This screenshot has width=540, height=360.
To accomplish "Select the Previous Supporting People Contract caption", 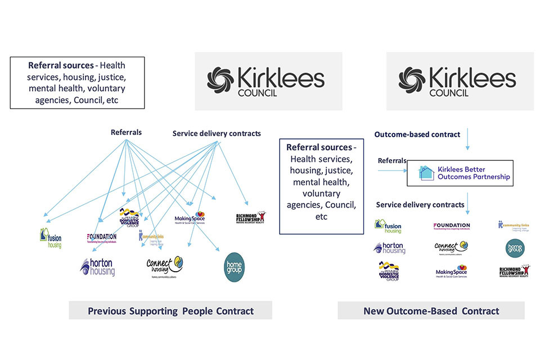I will click(x=170, y=310).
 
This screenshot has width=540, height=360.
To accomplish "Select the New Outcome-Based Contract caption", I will click(x=431, y=310).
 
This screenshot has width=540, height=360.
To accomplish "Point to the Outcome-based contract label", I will click(x=417, y=134).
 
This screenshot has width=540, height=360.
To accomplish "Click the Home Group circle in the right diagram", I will click(x=514, y=247).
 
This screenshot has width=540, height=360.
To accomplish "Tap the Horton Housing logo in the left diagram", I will click(x=97, y=267).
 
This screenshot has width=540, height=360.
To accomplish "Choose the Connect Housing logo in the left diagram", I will click(x=165, y=265).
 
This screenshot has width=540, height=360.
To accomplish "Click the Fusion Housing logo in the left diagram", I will click(x=51, y=238).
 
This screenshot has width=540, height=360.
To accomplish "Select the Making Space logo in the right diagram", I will click(x=451, y=272).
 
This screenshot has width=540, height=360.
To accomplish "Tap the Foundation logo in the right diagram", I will click(x=451, y=226).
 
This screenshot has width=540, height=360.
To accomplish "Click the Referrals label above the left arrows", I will click(x=126, y=133).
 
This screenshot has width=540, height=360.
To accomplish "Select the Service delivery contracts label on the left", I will click(x=217, y=133).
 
